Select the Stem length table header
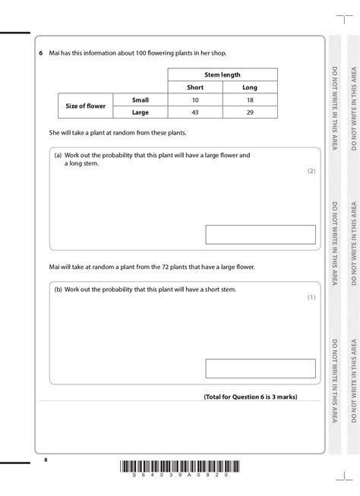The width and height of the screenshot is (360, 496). [222, 75]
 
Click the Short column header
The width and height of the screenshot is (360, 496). [195, 87]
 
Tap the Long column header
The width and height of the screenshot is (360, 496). [250, 87]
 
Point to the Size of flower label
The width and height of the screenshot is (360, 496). [86, 106]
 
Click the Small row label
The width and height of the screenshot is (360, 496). [140, 100]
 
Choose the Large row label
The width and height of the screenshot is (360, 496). [140, 112]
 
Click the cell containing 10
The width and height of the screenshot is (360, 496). [195, 100]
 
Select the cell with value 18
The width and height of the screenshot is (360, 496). [250, 100]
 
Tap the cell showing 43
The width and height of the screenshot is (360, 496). [195, 112]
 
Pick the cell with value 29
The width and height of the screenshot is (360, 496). [250, 112]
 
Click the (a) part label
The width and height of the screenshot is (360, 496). [58, 155]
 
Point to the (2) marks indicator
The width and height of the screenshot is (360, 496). [311, 172]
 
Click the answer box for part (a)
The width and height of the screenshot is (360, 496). [260, 234]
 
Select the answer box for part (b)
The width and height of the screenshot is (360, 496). [260, 368]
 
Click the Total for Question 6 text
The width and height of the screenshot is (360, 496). [250, 396]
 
